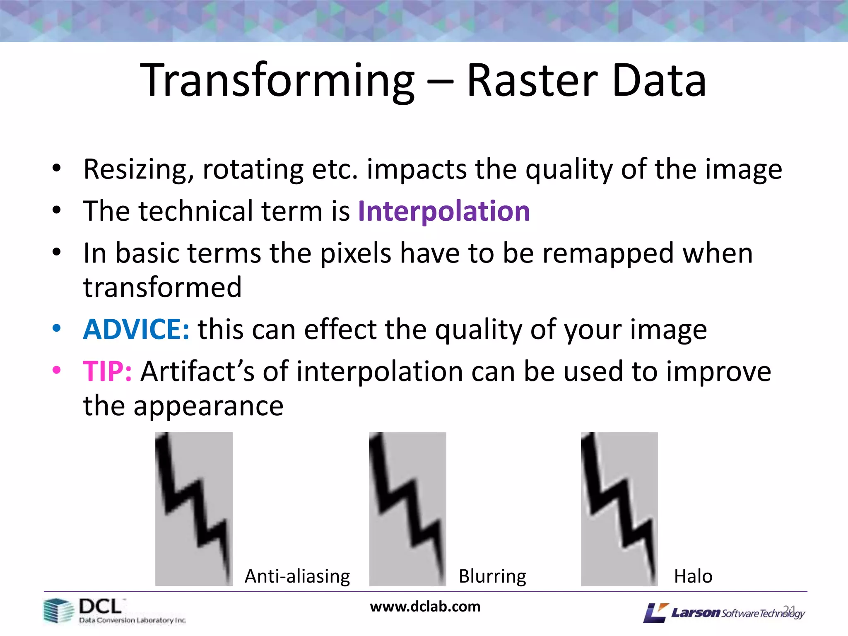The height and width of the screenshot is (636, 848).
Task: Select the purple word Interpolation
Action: tap(444, 211)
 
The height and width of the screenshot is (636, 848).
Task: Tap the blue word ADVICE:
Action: tap(136, 330)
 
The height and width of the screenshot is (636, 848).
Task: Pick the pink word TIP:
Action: tap(107, 371)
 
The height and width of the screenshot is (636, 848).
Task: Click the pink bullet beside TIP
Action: tap(57, 369)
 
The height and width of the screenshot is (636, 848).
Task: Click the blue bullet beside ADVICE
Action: tap(57, 328)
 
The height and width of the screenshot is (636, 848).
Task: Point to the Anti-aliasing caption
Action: tap(297, 576)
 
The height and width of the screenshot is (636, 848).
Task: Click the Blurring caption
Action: tap(492, 576)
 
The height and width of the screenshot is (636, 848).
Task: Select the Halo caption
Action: tap(693, 576)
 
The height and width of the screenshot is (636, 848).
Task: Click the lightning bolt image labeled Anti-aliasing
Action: tap(194, 508)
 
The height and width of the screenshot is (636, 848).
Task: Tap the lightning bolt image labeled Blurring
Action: tap(407, 508)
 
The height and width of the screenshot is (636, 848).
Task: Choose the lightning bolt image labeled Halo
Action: tap(619, 508)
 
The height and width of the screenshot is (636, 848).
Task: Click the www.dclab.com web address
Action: tap(425, 607)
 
